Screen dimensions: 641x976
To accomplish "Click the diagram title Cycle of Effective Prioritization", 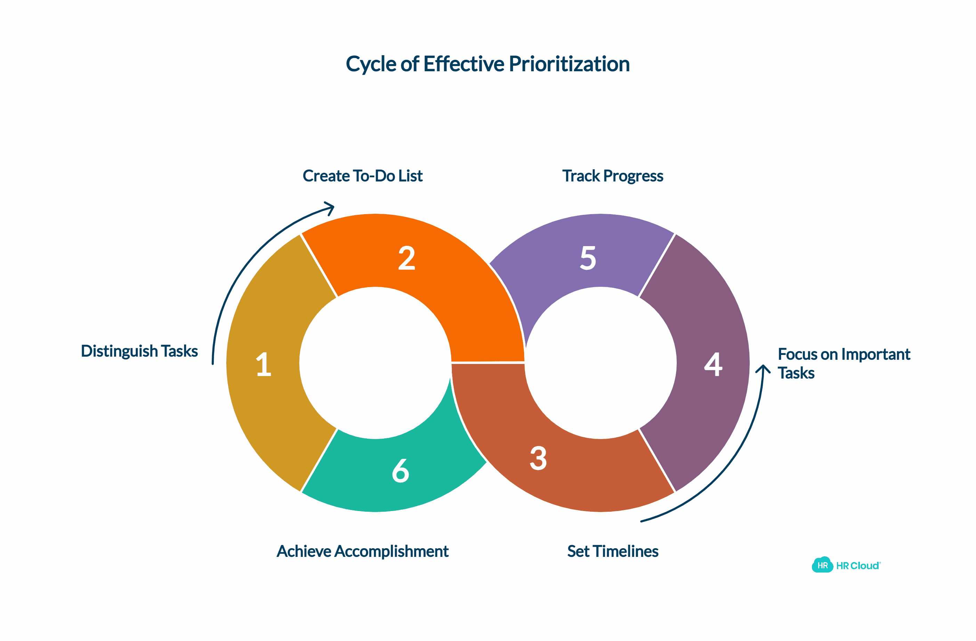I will click(487, 64).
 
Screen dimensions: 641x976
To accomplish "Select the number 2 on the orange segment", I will click(406, 258).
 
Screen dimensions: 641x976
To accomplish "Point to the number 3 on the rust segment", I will click(538, 458).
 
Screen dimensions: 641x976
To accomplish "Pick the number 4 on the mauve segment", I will click(713, 364).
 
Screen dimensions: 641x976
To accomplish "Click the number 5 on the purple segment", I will click(588, 258).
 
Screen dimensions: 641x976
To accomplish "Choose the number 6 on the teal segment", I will click(400, 471).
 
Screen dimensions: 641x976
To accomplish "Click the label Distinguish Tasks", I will click(139, 351).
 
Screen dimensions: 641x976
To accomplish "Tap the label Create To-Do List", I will click(363, 176).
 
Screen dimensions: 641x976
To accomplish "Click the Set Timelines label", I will click(613, 551).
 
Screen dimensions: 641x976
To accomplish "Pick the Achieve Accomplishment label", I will click(363, 551).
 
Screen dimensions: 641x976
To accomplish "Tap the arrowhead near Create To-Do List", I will click(331, 208).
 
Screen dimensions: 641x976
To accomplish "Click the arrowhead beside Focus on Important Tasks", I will click(763, 369).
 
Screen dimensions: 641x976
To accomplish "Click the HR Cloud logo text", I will click(858, 566).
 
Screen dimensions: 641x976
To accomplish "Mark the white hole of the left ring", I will click(375, 363).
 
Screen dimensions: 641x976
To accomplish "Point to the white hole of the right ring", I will click(600, 363).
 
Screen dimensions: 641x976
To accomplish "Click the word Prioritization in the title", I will click(569, 64).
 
